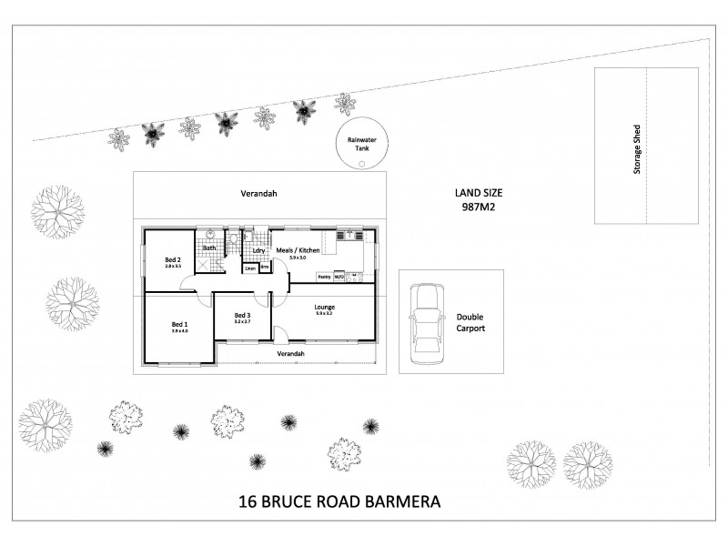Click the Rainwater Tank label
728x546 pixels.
point(361,146)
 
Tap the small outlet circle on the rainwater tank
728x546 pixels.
point(362,165)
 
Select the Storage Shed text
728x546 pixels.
point(637,148)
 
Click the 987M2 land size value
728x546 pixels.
point(479,207)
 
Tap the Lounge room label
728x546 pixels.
point(325,308)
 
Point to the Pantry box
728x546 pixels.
point(323,276)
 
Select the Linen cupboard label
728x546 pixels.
point(249,268)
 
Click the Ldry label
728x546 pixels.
point(258,250)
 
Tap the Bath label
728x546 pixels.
point(209,248)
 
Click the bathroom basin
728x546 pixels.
point(210,234)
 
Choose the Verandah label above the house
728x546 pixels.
point(258,194)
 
